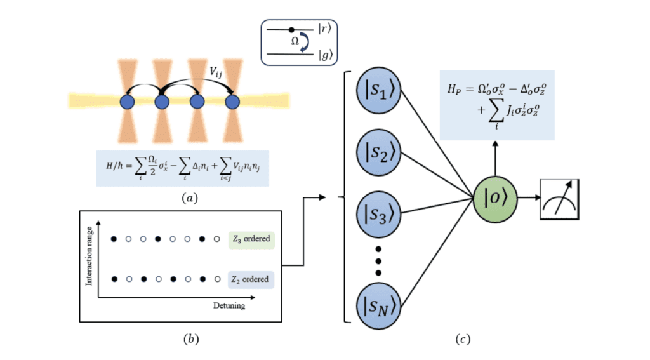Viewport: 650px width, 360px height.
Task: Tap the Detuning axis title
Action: point(229,305)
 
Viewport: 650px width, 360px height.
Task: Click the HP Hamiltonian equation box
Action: point(497,105)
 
